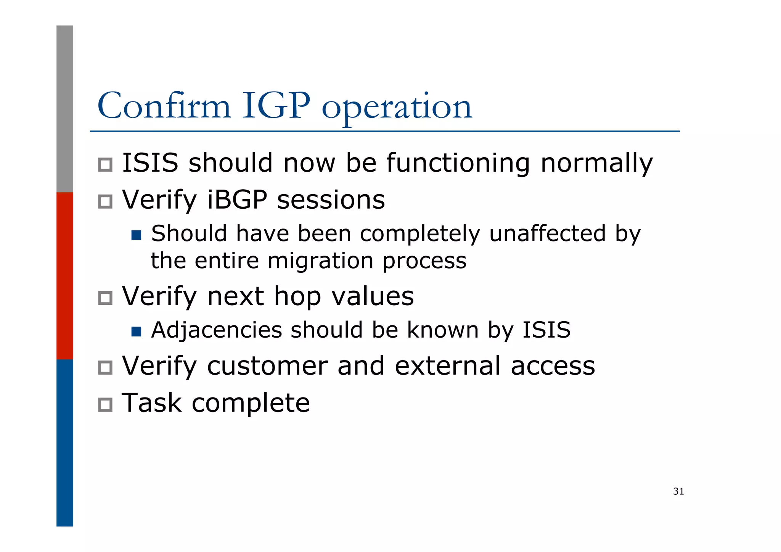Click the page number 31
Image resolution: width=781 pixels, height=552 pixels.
(678, 491)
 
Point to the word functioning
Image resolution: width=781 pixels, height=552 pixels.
(458, 164)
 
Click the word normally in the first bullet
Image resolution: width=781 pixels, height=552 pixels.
(597, 164)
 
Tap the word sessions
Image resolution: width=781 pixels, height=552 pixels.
(331, 200)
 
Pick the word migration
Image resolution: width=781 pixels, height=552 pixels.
(320, 261)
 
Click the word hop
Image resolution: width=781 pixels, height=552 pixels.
(297, 297)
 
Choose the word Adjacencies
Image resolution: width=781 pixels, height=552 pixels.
(217, 330)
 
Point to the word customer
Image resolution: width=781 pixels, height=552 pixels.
(267, 366)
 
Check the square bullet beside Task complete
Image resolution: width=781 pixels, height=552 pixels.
(105, 405)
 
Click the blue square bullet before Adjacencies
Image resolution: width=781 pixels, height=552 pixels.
(136, 332)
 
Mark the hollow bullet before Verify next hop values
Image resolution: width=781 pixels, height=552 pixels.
(105, 298)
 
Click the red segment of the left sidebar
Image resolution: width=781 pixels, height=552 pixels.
(65, 275)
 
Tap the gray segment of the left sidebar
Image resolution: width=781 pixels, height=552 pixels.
(65, 109)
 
